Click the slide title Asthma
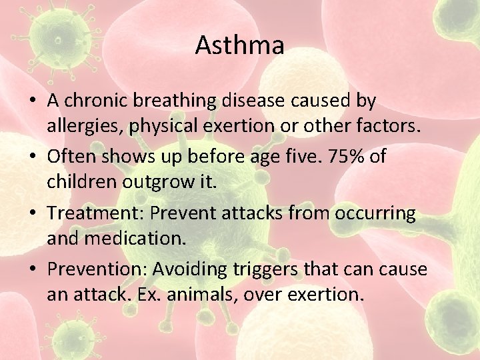coord(239,45)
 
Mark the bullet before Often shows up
coord(33,158)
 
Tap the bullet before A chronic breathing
coord(33,101)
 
